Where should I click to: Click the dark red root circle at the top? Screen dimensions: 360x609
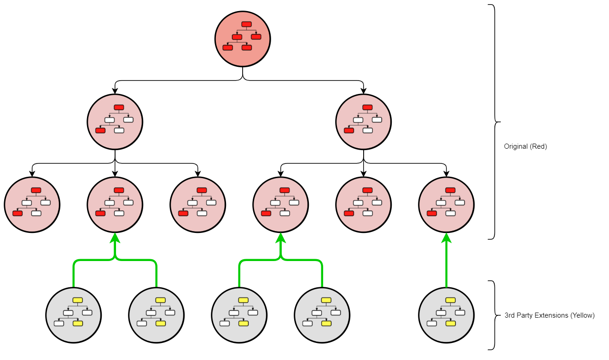(x=243, y=39)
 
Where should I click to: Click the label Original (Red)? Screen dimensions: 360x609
(x=525, y=147)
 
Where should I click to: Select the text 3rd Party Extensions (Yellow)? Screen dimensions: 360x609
(x=549, y=315)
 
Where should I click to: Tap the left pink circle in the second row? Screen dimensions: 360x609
(x=115, y=122)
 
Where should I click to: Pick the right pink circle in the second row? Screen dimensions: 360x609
(x=363, y=122)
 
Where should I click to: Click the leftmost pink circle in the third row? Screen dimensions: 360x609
(x=32, y=205)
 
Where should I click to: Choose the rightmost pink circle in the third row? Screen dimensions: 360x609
(x=446, y=205)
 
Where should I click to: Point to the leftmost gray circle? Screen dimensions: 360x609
(x=73, y=315)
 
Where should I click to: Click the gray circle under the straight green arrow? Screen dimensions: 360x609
(x=446, y=315)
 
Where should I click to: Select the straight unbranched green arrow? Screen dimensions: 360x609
(x=446, y=262)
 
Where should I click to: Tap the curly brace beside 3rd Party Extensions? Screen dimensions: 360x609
(x=493, y=315)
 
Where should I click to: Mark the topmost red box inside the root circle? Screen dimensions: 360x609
(x=247, y=24)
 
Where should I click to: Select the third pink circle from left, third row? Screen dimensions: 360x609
(x=197, y=205)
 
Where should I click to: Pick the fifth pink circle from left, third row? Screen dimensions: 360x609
(x=363, y=205)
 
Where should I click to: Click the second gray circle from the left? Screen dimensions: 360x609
(x=156, y=315)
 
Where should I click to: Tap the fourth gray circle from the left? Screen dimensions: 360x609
(x=322, y=315)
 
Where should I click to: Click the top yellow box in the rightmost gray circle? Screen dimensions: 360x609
(x=450, y=300)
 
